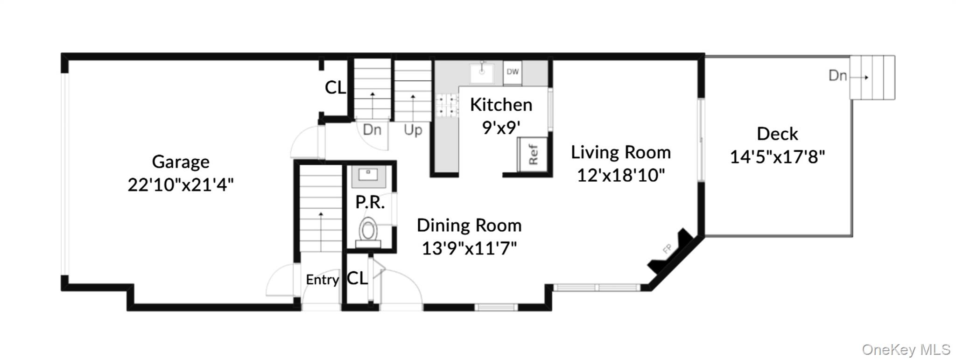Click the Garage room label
tap(180, 162)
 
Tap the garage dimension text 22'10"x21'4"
tap(180, 185)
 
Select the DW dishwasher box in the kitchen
tap(512, 72)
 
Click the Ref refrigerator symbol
tap(533, 155)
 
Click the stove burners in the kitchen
tap(447, 105)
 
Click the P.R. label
tap(370, 202)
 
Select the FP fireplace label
tap(667, 249)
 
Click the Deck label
tap(777, 134)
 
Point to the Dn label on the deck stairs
tap(837, 76)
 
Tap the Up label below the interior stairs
tap(413, 130)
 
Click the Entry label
tap(322, 280)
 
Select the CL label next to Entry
tap(357, 279)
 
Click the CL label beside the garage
tap(335, 87)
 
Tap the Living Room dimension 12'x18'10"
tap(621, 176)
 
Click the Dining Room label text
tap(469, 226)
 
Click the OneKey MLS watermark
tap(906, 349)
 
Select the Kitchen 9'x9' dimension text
tap(501, 127)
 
